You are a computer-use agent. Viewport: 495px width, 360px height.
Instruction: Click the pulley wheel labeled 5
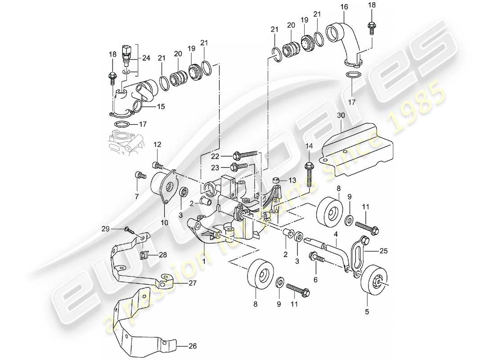point(372,282)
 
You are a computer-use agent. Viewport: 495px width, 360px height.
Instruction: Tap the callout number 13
point(292,180)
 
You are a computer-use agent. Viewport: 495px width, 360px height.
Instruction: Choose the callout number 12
point(157,144)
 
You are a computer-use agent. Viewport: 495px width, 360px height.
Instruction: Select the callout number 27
point(192,284)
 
